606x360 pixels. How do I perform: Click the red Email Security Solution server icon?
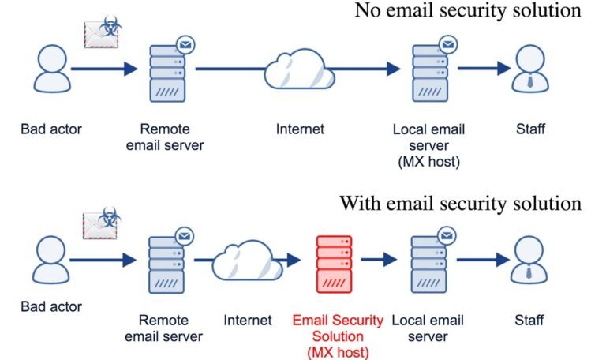coord(334,264)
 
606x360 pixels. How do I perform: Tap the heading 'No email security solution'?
coord(468,10)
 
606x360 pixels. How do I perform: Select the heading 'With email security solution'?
coord(460,203)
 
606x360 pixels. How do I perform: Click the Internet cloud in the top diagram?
coord(299,69)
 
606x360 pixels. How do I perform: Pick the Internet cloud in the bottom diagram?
coord(247,261)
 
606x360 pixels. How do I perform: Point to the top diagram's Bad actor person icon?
coord(52,69)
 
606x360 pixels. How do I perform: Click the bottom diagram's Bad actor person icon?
coord(51,260)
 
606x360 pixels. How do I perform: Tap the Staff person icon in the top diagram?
coord(530,69)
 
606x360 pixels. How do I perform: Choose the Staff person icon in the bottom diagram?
coord(529,260)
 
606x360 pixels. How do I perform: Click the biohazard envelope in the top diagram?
coord(103,32)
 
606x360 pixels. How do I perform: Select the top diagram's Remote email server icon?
coord(170,70)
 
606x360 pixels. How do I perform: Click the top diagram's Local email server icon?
coord(432,70)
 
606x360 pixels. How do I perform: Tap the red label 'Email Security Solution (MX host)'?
coord(338,336)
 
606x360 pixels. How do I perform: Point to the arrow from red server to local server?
coord(379,260)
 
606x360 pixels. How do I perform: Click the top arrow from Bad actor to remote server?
coord(104,69)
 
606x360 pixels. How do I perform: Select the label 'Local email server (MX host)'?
coord(429,145)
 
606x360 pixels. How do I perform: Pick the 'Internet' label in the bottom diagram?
coord(248,321)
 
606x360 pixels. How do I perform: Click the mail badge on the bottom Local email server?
coord(447,236)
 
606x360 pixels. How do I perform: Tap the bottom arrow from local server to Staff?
coord(484,260)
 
